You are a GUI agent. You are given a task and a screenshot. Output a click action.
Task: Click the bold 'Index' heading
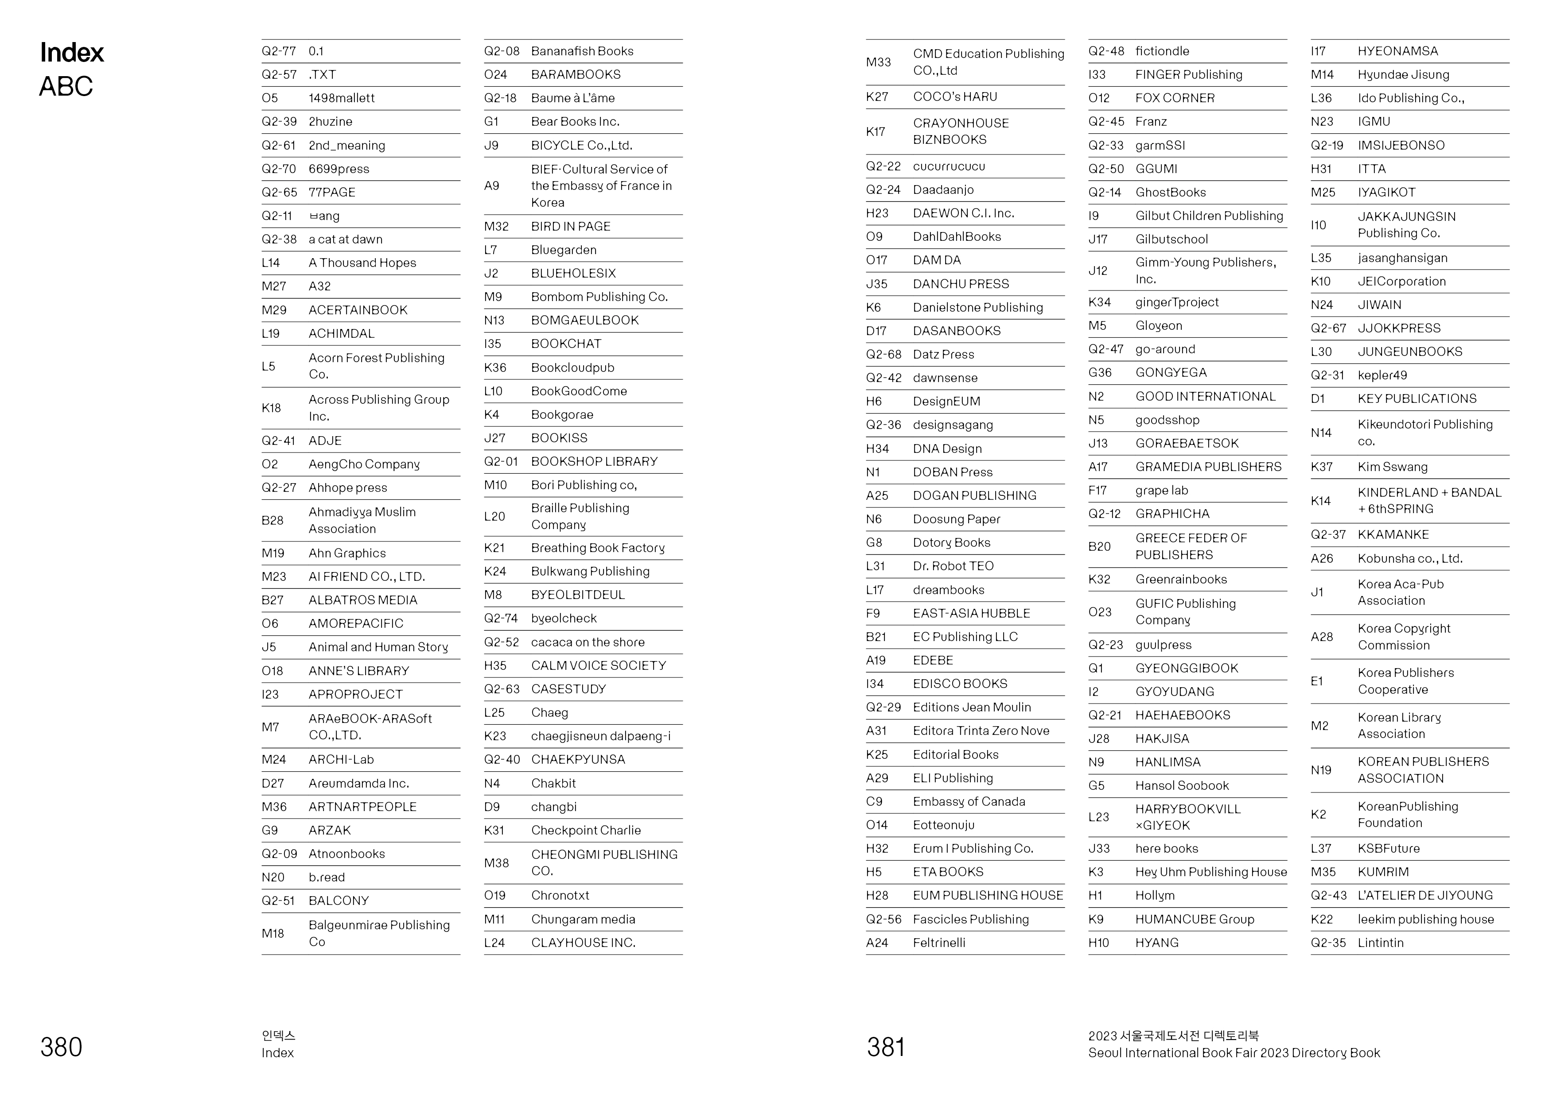point(72,53)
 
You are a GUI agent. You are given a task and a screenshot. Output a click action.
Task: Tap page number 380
point(61,1047)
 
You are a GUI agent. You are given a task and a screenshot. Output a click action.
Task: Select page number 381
point(885,1047)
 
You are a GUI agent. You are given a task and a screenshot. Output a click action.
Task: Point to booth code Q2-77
point(279,51)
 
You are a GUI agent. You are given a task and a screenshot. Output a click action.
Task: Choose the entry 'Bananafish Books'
point(582,51)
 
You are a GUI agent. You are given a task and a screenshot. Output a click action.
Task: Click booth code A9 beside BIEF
point(492,186)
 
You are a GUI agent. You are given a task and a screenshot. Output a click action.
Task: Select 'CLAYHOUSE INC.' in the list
point(583,943)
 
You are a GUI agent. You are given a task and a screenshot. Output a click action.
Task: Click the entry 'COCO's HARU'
point(954,97)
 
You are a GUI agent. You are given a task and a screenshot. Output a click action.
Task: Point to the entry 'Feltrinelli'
point(939,943)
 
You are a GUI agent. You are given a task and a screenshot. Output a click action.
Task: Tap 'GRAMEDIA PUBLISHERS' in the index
point(1208,467)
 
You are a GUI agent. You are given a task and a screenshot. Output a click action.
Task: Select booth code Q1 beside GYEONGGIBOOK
point(1096,668)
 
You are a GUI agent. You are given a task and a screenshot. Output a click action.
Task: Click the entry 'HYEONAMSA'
point(1397,51)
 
